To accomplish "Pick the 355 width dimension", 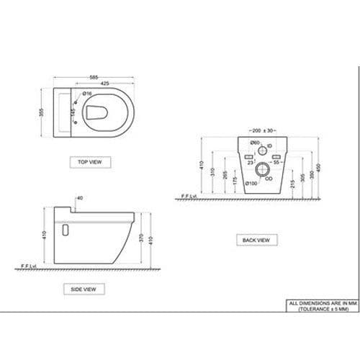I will [x=42, y=115].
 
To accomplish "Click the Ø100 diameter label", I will [x=251, y=183].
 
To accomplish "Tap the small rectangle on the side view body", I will [x=65, y=230].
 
